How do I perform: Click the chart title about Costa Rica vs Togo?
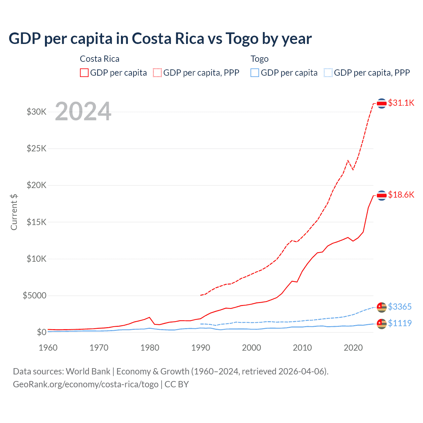pyautogui.click(x=160, y=39)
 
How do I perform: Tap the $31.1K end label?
pyautogui.click(x=401, y=103)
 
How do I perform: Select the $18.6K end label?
pyautogui.click(x=401, y=195)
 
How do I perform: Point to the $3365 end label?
pyautogui.click(x=400, y=307)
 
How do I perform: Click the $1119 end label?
pyautogui.click(x=400, y=323)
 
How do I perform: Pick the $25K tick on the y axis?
pyautogui.click(x=37, y=148)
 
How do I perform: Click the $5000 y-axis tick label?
pyautogui.click(x=35, y=295)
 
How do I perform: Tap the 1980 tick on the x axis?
pyautogui.click(x=150, y=348)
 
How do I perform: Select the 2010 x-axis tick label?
pyautogui.click(x=302, y=348)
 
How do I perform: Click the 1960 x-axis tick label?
pyautogui.click(x=48, y=348)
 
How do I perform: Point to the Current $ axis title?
pyautogui.click(x=14, y=212)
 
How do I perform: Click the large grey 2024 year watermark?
pyautogui.click(x=83, y=111)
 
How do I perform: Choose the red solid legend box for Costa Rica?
pyautogui.click(x=84, y=73)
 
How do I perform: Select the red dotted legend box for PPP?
pyautogui.click(x=157, y=73)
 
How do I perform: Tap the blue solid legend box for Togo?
pyautogui.click(x=255, y=73)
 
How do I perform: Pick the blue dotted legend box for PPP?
pyautogui.click(x=328, y=73)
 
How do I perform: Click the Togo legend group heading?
pyautogui.click(x=259, y=59)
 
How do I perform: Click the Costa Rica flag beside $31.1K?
pyautogui.click(x=382, y=103)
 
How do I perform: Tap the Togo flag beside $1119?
pyautogui.click(x=382, y=324)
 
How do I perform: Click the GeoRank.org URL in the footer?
pyautogui.click(x=86, y=384)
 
